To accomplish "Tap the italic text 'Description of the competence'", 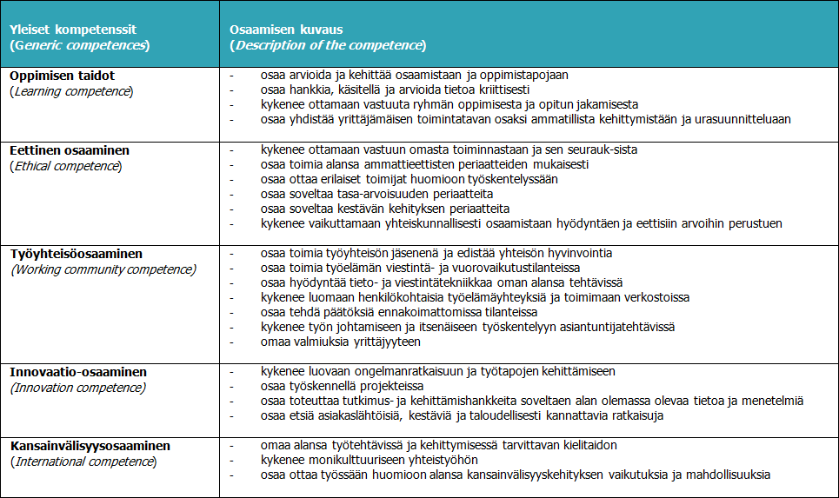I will tap(329, 44).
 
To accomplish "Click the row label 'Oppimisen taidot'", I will tap(63, 76).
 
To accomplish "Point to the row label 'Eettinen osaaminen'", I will tap(70, 149).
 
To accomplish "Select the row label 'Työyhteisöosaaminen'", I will tap(77, 254).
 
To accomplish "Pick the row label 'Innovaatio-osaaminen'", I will tap(78, 371).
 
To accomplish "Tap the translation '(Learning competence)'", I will tap(72, 90).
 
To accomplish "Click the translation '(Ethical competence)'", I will tap(66, 165).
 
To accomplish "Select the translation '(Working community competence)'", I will tap(103, 269).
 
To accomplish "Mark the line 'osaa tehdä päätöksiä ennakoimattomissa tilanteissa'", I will tap(399, 312).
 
